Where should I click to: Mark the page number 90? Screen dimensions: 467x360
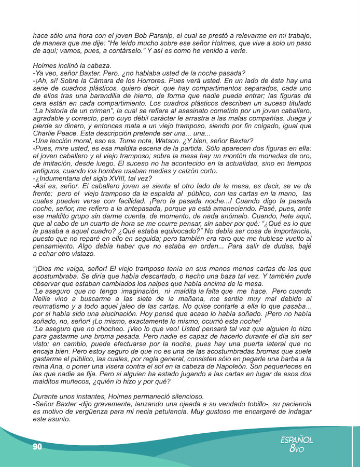[x=37, y=446]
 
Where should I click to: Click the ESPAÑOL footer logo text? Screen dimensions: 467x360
[x=296, y=439]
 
